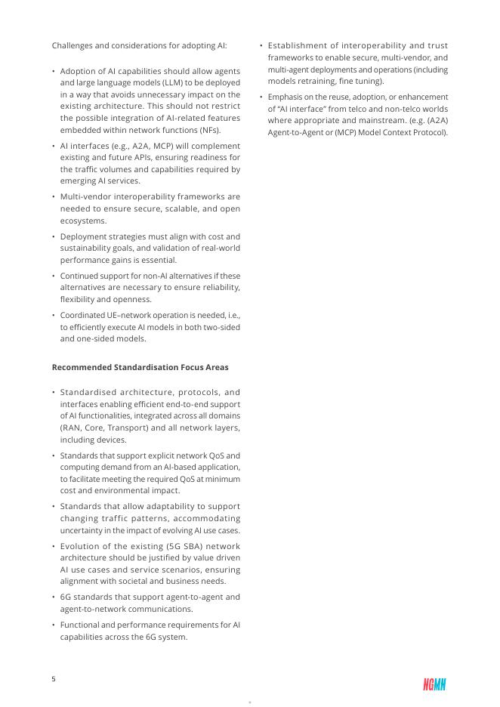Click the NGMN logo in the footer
434,684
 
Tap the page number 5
54,678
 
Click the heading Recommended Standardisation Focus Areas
140,367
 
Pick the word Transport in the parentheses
134,428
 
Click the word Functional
82,625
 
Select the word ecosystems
83,221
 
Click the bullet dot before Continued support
54,276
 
